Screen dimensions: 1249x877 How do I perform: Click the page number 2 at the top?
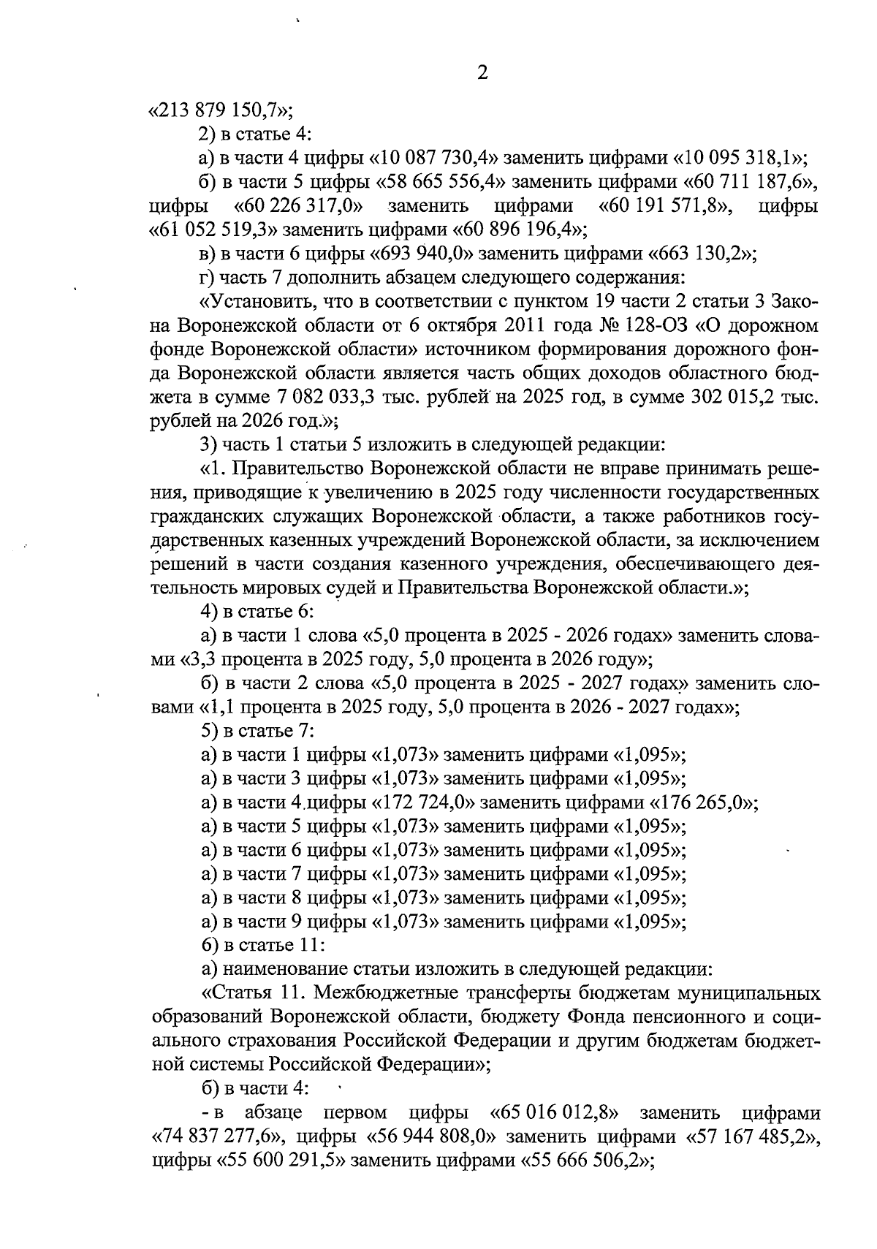click(x=482, y=73)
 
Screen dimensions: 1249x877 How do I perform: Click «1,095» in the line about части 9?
click(x=648, y=922)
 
